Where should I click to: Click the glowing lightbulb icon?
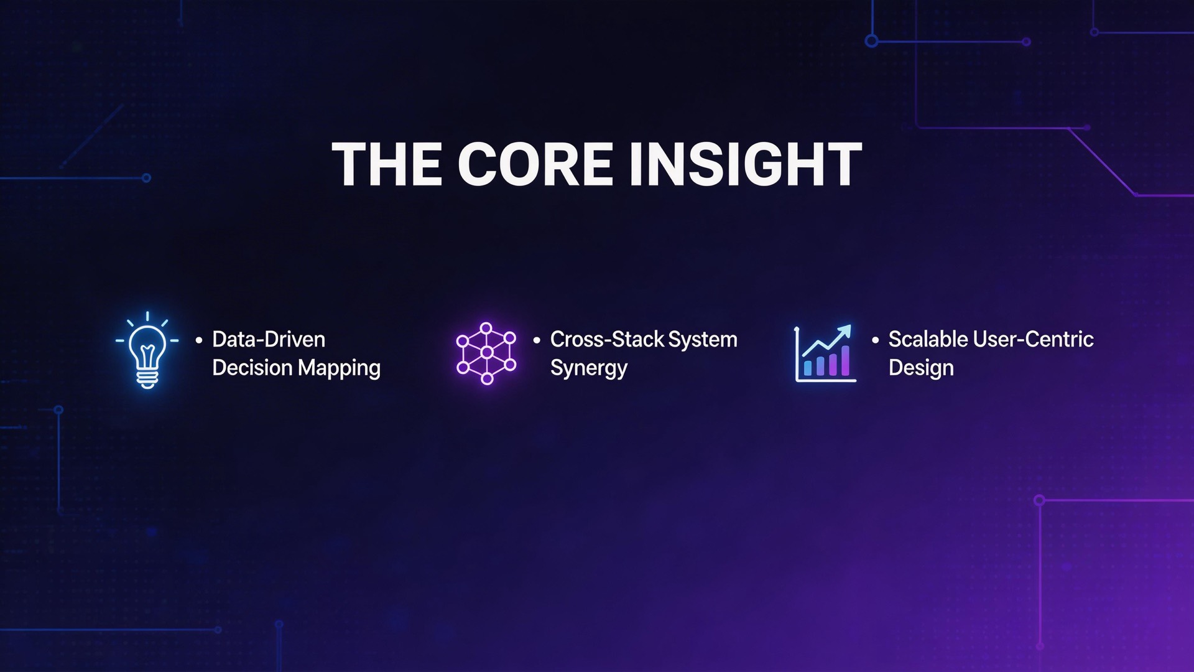point(147,350)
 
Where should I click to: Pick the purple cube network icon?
point(486,353)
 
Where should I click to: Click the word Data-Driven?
point(269,340)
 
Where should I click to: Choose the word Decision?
point(252,368)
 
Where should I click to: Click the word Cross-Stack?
point(607,340)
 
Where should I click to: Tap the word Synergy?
point(588,368)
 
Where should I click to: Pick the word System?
point(703,340)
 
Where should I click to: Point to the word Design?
point(921,368)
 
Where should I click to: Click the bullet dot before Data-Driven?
point(199,340)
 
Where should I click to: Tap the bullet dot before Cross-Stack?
point(537,340)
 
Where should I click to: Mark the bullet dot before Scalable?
point(875,340)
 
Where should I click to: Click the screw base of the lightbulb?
point(147,378)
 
